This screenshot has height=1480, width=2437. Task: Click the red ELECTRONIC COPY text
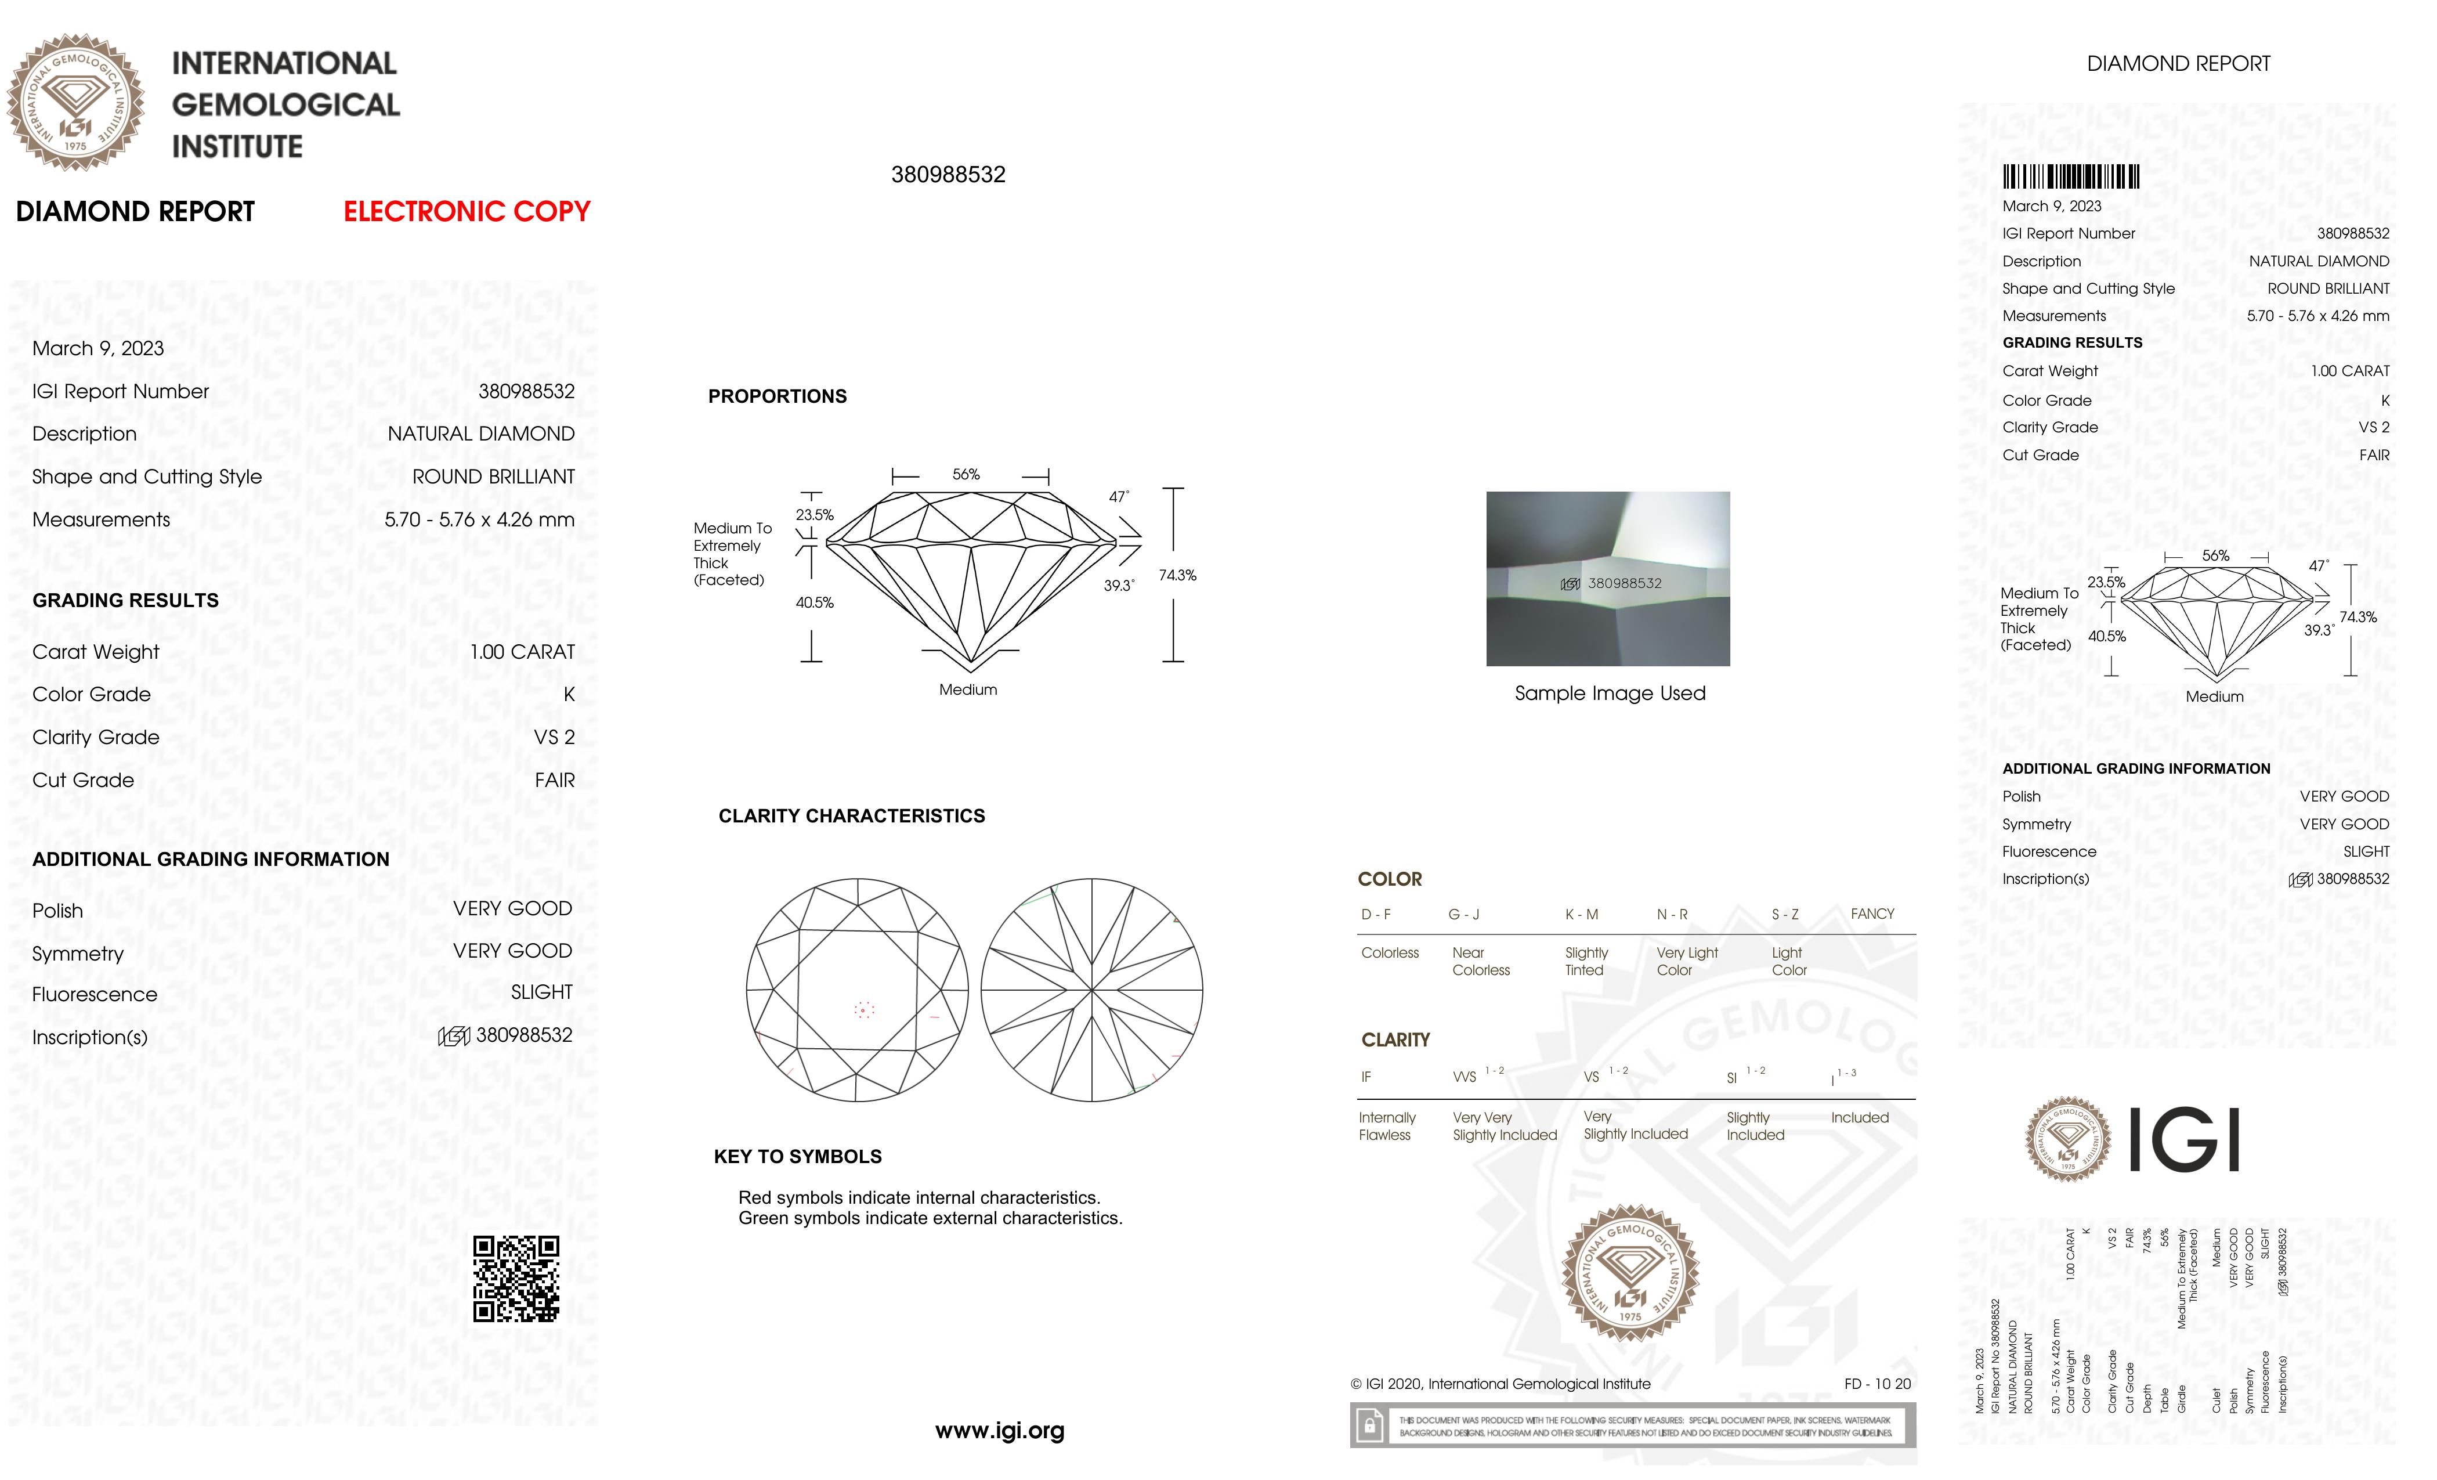(466, 212)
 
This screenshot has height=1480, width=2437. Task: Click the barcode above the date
(2070, 177)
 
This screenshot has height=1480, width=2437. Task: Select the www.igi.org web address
(999, 1431)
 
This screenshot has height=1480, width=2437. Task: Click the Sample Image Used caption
(1609, 694)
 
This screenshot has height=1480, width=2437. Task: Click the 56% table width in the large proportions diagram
(966, 475)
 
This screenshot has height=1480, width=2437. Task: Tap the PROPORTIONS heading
(778, 397)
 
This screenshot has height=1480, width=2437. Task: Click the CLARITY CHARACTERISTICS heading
(852, 816)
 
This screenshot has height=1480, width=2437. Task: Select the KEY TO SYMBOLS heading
(797, 1157)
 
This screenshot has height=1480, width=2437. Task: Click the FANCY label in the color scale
(1871, 914)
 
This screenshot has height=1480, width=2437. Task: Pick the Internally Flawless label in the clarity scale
(1387, 1126)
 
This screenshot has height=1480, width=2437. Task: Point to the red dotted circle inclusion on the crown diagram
(863, 1009)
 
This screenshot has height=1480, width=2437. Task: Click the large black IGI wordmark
(2183, 1140)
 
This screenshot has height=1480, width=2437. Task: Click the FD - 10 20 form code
(1876, 1384)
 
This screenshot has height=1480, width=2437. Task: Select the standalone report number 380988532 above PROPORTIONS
(948, 175)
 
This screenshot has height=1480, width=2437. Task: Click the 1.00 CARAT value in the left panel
(522, 652)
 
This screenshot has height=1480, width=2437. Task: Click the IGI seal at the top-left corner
(76, 103)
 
